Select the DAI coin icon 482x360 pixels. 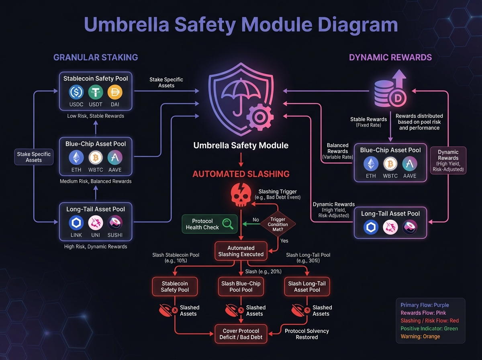tap(115, 93)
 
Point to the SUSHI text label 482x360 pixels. tap(115, 235)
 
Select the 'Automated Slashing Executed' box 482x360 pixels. tap(241, 251)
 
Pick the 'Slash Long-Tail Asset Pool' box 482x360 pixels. tap(307, 286)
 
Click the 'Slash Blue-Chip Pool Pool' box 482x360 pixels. tap(241, 286)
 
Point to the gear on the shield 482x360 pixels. tap(259, 117)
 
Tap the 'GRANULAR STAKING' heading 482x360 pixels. tap(96, 57)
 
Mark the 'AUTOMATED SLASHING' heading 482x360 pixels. tap(241, 174)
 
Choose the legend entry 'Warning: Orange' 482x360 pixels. tap(420, 336)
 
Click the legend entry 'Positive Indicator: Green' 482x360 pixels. tap(429, 328)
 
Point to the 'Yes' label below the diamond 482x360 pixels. tap(284, 241)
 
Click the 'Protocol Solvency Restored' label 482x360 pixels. tap(307, 334)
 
